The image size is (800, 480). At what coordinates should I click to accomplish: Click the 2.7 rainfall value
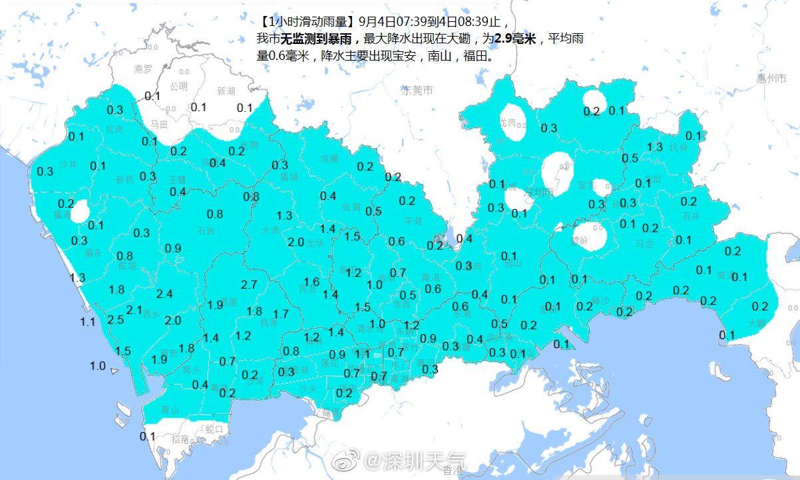click(x=249, y=285)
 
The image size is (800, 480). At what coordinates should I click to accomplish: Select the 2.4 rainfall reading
click(x=164, y=294)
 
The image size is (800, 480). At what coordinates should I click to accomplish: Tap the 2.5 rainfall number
click(x=116, y=320)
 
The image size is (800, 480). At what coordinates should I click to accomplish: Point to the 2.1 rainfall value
click(x=134, y=310)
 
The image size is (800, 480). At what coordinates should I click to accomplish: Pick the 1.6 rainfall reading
click(x=311, y=282)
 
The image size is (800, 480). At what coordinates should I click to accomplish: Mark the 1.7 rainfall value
click(x=281, y=314)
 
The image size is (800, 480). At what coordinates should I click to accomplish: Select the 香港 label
click(x=452, y=471)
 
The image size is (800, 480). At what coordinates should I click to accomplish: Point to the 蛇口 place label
click(x=213, y=429)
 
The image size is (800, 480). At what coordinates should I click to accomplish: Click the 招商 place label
click(x=180, y=439)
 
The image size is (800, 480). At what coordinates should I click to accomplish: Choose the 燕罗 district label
click(x=143, y=69)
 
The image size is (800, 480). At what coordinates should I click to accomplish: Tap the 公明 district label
click(x=178, y=87)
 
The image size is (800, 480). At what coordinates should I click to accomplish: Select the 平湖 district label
click(x=413, y=220)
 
